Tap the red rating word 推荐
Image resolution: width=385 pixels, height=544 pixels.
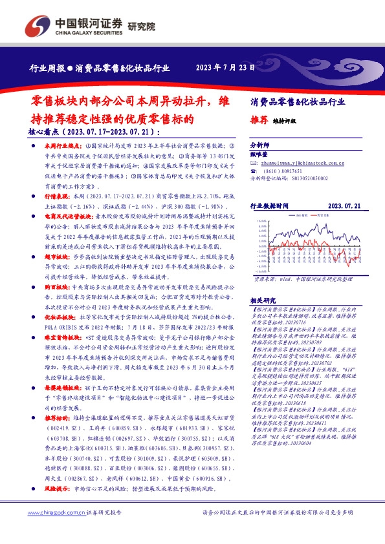pyautogui.click(x=259, y=120)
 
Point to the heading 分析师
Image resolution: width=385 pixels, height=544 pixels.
pyautogui.click(x=259, y=146)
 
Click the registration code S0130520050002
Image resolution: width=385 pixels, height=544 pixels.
pyautogui.click(x=307, y=177)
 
